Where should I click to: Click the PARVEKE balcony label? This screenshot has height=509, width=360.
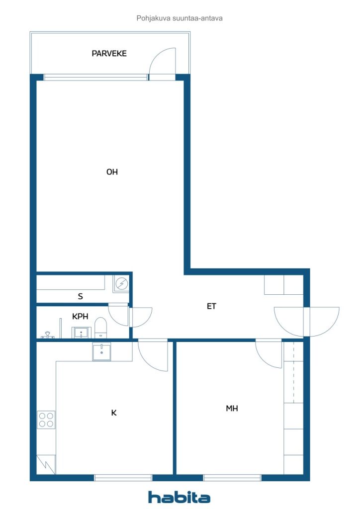(x=109, y=54)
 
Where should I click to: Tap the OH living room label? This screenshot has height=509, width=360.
(x=112, y=171)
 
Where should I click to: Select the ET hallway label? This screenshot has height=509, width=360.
(x=211, y=306)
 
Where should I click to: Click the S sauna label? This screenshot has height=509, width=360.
(x=80, y=296)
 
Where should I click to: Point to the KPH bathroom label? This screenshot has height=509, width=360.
(x=80, y=316)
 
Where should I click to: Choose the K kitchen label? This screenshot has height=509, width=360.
(x=113, y=413)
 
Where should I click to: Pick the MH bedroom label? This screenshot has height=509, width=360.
(x=232, y=409)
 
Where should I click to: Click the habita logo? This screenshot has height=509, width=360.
(x=179, y=497)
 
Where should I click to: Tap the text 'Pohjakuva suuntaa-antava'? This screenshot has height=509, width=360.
(x=180, y=18)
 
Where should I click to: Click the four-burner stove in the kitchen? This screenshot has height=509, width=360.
(x=46, y=420)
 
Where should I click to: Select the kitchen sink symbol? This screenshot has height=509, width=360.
(x=101, y=351)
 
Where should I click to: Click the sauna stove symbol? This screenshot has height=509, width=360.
(x=122, y=284)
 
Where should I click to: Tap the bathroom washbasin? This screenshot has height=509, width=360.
(x=81, y=333)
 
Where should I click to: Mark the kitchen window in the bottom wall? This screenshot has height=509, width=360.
(x=123, y=478)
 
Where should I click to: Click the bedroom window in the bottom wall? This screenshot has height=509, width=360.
(x=232, y=478)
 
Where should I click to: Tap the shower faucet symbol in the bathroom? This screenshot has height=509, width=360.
(x=47, y=335)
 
